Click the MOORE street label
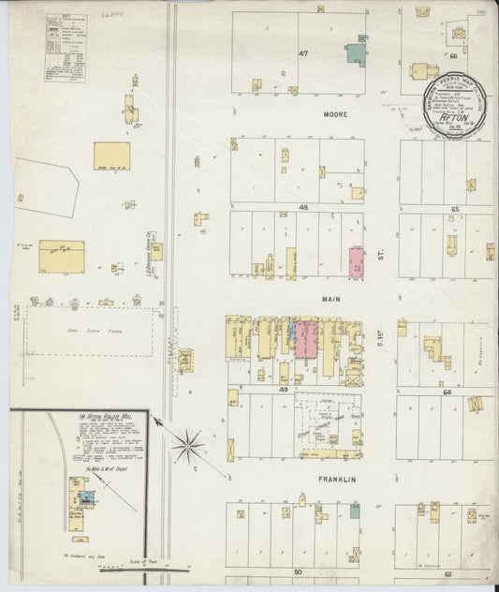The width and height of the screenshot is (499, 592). (x=311, y=114)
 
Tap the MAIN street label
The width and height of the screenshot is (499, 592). (x=303, y=300)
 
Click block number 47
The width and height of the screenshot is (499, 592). (x=303, y=54)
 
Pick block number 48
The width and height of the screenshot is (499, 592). (x=303, y=206)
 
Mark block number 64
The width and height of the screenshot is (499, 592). (x=448, y=392)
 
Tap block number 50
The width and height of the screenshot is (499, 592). (x=299, y=570)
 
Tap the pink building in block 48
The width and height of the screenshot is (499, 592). (x=357, y=262)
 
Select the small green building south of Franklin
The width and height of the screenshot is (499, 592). (x=355, y=511)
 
